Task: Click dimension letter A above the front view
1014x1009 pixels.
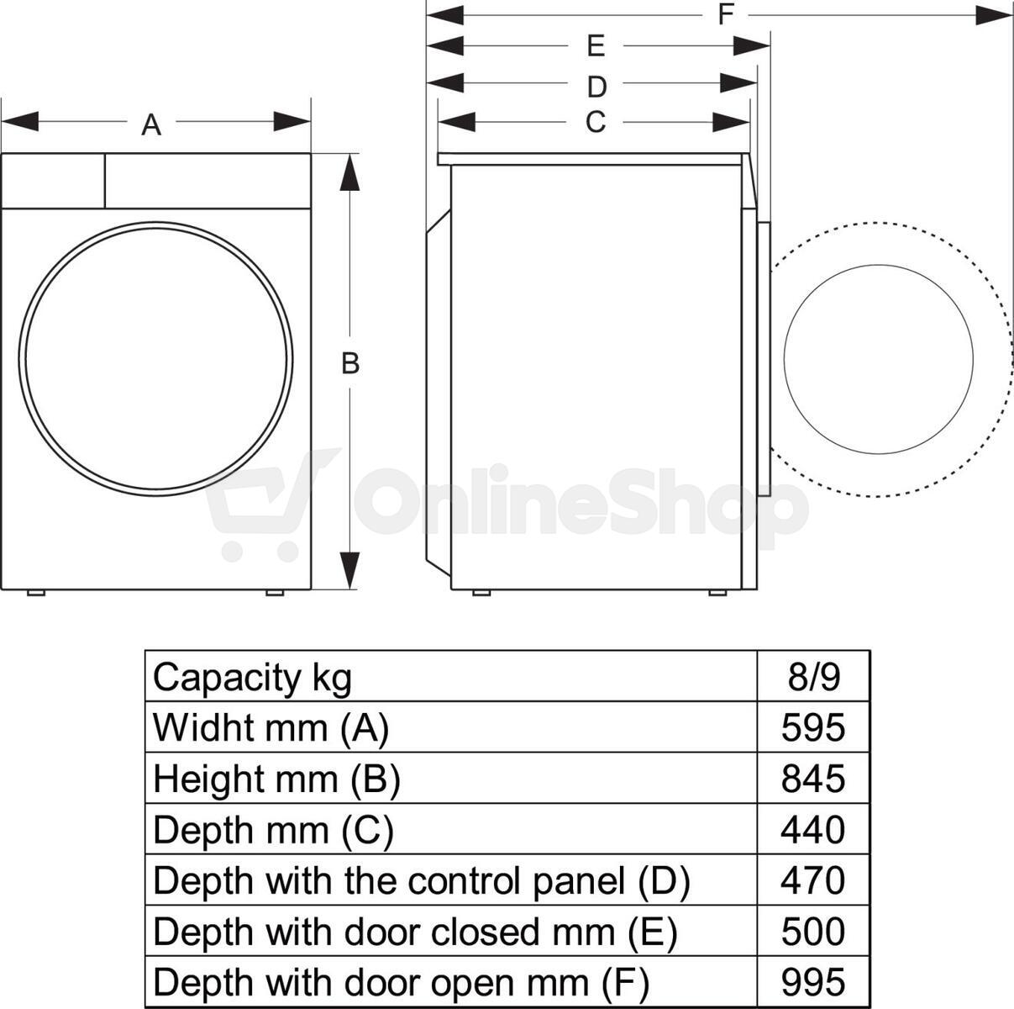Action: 151,125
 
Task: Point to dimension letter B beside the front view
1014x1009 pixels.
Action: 350,363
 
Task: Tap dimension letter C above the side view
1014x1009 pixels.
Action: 596,122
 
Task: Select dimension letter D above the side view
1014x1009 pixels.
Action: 596,87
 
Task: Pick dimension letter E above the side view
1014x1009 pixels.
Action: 596,46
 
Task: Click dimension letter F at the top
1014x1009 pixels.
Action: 726,14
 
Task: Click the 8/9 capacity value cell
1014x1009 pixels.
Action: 813,677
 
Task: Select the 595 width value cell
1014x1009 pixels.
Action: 813,728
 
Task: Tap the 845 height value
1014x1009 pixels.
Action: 813,779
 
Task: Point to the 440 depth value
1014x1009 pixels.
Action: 813,830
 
